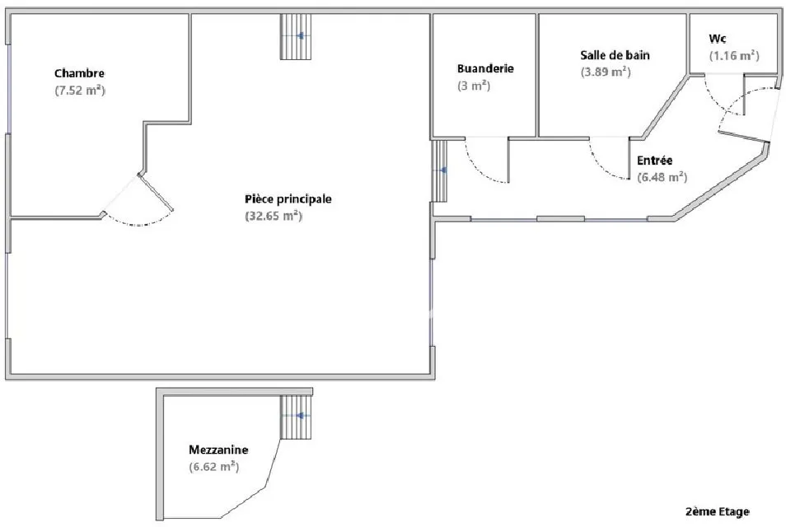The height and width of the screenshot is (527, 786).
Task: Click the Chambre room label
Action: click(79, 73)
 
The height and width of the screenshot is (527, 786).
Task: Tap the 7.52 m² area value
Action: click(80, 91)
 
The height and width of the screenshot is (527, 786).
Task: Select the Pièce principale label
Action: click(288, 199)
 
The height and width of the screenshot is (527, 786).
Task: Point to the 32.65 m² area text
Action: click(274, 216)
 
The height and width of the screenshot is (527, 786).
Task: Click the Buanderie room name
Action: click(485, 68)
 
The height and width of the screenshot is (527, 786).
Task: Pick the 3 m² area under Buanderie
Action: click(474, 86)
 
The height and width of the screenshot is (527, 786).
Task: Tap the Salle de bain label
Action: click(615, 55)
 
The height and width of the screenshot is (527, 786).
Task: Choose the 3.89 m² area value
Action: click(606, 72)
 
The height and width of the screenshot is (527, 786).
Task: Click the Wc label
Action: click(718, 39)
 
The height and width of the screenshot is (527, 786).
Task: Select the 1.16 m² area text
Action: click(734, 56)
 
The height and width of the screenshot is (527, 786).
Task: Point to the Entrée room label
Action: click(655, 161)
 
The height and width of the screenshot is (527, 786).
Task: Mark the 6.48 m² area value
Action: click(662, 177)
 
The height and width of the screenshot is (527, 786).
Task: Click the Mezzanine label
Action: click(218, 450)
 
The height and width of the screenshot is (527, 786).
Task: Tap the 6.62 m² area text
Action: click(214, 467)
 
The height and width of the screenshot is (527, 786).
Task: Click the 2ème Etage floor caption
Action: click(718, 511)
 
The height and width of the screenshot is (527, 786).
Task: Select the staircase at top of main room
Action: click(295, 36)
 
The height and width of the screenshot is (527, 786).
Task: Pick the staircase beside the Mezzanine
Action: click(295, 417)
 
